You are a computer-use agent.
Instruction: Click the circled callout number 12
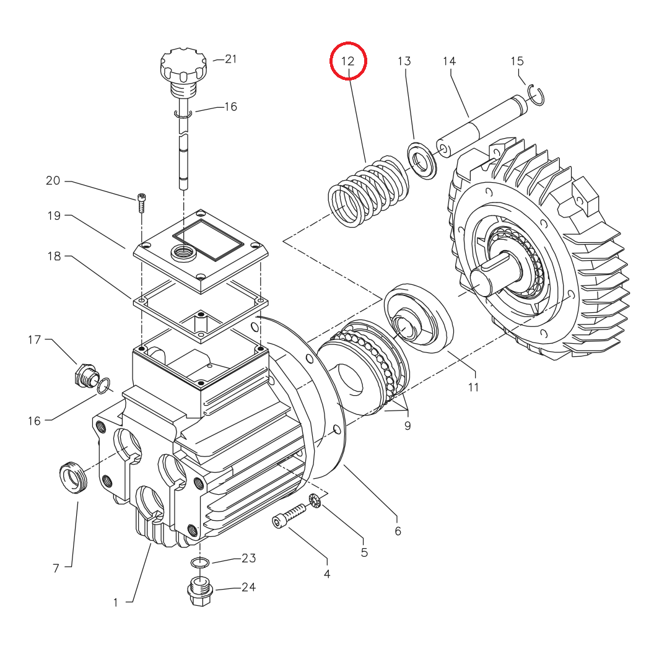pos(348,61)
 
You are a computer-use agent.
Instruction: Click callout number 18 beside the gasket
pos(54,255)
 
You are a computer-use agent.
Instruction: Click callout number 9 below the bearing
pos(407,426)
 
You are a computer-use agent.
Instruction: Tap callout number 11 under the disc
pos(474,388)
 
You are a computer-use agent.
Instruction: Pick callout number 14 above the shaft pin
pos(449,61)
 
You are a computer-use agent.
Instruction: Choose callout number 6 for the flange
pos(398,531)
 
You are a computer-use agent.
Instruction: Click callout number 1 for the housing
pos(115,601)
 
